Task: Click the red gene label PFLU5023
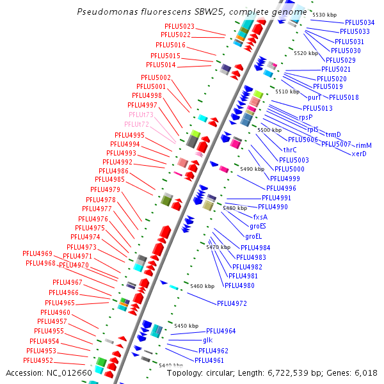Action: coord(177,26)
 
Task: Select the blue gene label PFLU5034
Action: coord(360,22)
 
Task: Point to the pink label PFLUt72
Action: coord(136,124)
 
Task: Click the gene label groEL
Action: coord(254,236)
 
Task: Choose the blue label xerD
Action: coord(359,154)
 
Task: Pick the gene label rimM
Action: coord(364,145)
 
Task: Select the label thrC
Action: coord(289,150)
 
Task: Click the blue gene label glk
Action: coord(208,340)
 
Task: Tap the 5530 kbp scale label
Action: coord(324,14)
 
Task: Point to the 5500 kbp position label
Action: coord(269,130)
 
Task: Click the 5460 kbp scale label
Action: coord(202,286)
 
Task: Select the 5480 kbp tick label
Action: coord(234,208)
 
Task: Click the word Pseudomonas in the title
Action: coord(105,12)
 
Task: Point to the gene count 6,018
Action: coord(365,372)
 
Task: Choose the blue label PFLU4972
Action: coord(232,303)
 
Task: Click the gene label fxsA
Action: coord(260,217)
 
